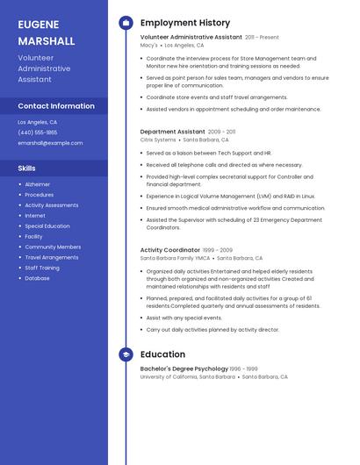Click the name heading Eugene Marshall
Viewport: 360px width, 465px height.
point(46,32)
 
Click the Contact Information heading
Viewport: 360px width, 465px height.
point(56,106)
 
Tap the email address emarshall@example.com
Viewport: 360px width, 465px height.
point(50,142)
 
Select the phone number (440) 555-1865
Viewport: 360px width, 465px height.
point(38,132)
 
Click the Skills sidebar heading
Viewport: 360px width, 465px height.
point(26,168)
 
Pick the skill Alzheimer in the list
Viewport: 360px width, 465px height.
point(37,184)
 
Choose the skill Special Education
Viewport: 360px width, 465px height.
point(47,225)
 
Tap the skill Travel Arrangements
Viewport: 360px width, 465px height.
point(51,257)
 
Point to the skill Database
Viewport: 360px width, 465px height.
point(37,278)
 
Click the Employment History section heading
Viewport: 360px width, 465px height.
point(185,23)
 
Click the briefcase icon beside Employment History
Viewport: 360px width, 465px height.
point(126,23)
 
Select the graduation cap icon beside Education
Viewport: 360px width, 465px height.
point(126,354)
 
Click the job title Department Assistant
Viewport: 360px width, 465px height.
point(172,132)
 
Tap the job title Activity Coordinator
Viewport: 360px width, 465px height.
point(169,250)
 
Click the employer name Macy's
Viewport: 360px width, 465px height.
point(149,45)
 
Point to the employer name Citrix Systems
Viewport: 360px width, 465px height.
point(158,139)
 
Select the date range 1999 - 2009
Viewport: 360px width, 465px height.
point(218,250)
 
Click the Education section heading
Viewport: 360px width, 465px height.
point(162,354)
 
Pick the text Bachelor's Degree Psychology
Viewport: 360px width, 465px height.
point(184,368)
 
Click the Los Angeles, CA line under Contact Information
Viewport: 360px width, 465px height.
point(38,122)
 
